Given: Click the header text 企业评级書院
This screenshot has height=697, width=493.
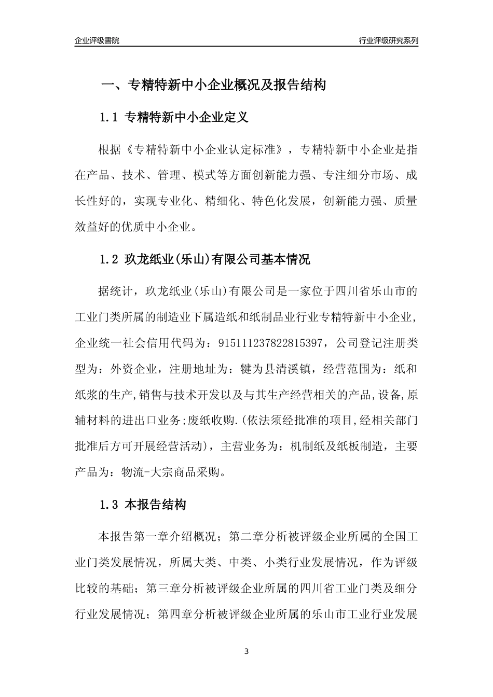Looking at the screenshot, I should (97, 40).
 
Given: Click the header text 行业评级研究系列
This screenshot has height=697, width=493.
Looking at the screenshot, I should (388, 40).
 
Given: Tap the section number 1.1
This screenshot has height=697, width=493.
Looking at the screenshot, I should (109, 118).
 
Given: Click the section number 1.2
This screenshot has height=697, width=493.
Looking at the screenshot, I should (109, 259).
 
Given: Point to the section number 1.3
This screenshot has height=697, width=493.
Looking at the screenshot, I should (109, 504).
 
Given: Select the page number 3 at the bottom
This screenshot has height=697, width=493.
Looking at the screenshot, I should (246, 651).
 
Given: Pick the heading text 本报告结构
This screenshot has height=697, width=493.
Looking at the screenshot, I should (156, 504).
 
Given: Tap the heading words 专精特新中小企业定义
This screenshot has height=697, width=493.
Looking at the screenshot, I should (187, 118).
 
